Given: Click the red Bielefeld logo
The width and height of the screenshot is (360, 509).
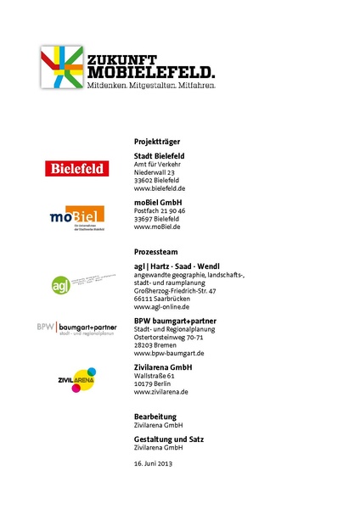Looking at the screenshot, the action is (x=77, y=169).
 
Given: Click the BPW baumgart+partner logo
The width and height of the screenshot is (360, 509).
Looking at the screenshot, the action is (x=76, y=327).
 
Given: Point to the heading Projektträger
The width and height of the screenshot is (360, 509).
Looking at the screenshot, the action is (x=157, y=141).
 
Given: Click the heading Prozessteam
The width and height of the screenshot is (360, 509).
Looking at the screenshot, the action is (x=155, y=252).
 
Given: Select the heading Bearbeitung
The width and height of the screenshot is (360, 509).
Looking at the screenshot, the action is (x=155, y=416).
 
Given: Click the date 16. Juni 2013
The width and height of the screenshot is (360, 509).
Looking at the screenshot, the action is (x=153, y=465).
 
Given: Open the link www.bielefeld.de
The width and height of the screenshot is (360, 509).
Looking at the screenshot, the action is (x=160, y=188).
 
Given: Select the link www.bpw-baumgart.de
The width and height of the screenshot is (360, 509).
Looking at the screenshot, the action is (x=169, y=353).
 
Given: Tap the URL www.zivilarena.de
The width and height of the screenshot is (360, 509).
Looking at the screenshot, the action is (x=161, y=392).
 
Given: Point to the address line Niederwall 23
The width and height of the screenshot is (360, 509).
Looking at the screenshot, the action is (x=155, y=172).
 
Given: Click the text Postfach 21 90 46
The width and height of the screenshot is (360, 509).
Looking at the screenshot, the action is (x=160, y=210).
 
